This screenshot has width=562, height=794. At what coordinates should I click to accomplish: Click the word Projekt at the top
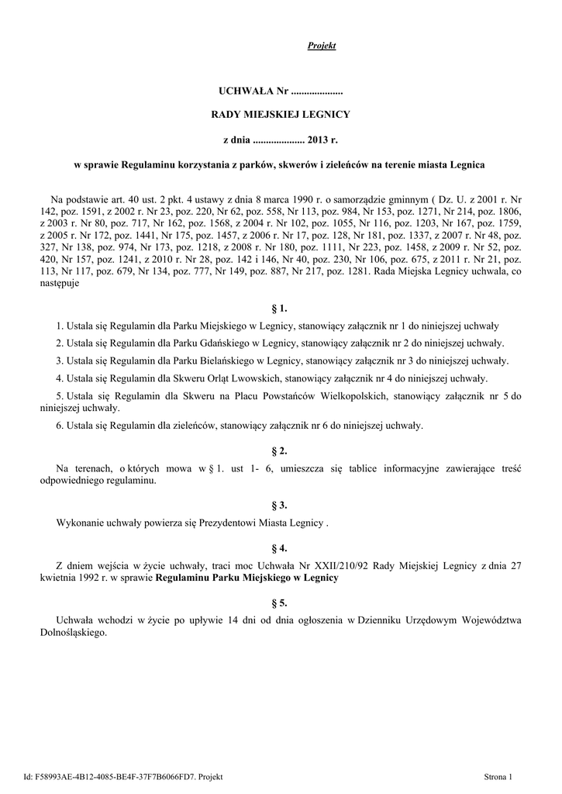point(322,47)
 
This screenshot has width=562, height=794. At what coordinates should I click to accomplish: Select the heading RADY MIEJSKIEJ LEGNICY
point(281,115)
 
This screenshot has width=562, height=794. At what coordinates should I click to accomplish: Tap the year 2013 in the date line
point(319,140)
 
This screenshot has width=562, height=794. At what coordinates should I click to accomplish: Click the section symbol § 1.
point(281,309)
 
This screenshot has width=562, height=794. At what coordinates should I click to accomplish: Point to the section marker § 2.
point(281,451)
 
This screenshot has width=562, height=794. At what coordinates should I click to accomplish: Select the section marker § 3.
point(281,506)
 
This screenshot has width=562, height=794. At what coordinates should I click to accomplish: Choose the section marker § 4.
point(281,548)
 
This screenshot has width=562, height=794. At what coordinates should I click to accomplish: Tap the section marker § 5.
point(281,602)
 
